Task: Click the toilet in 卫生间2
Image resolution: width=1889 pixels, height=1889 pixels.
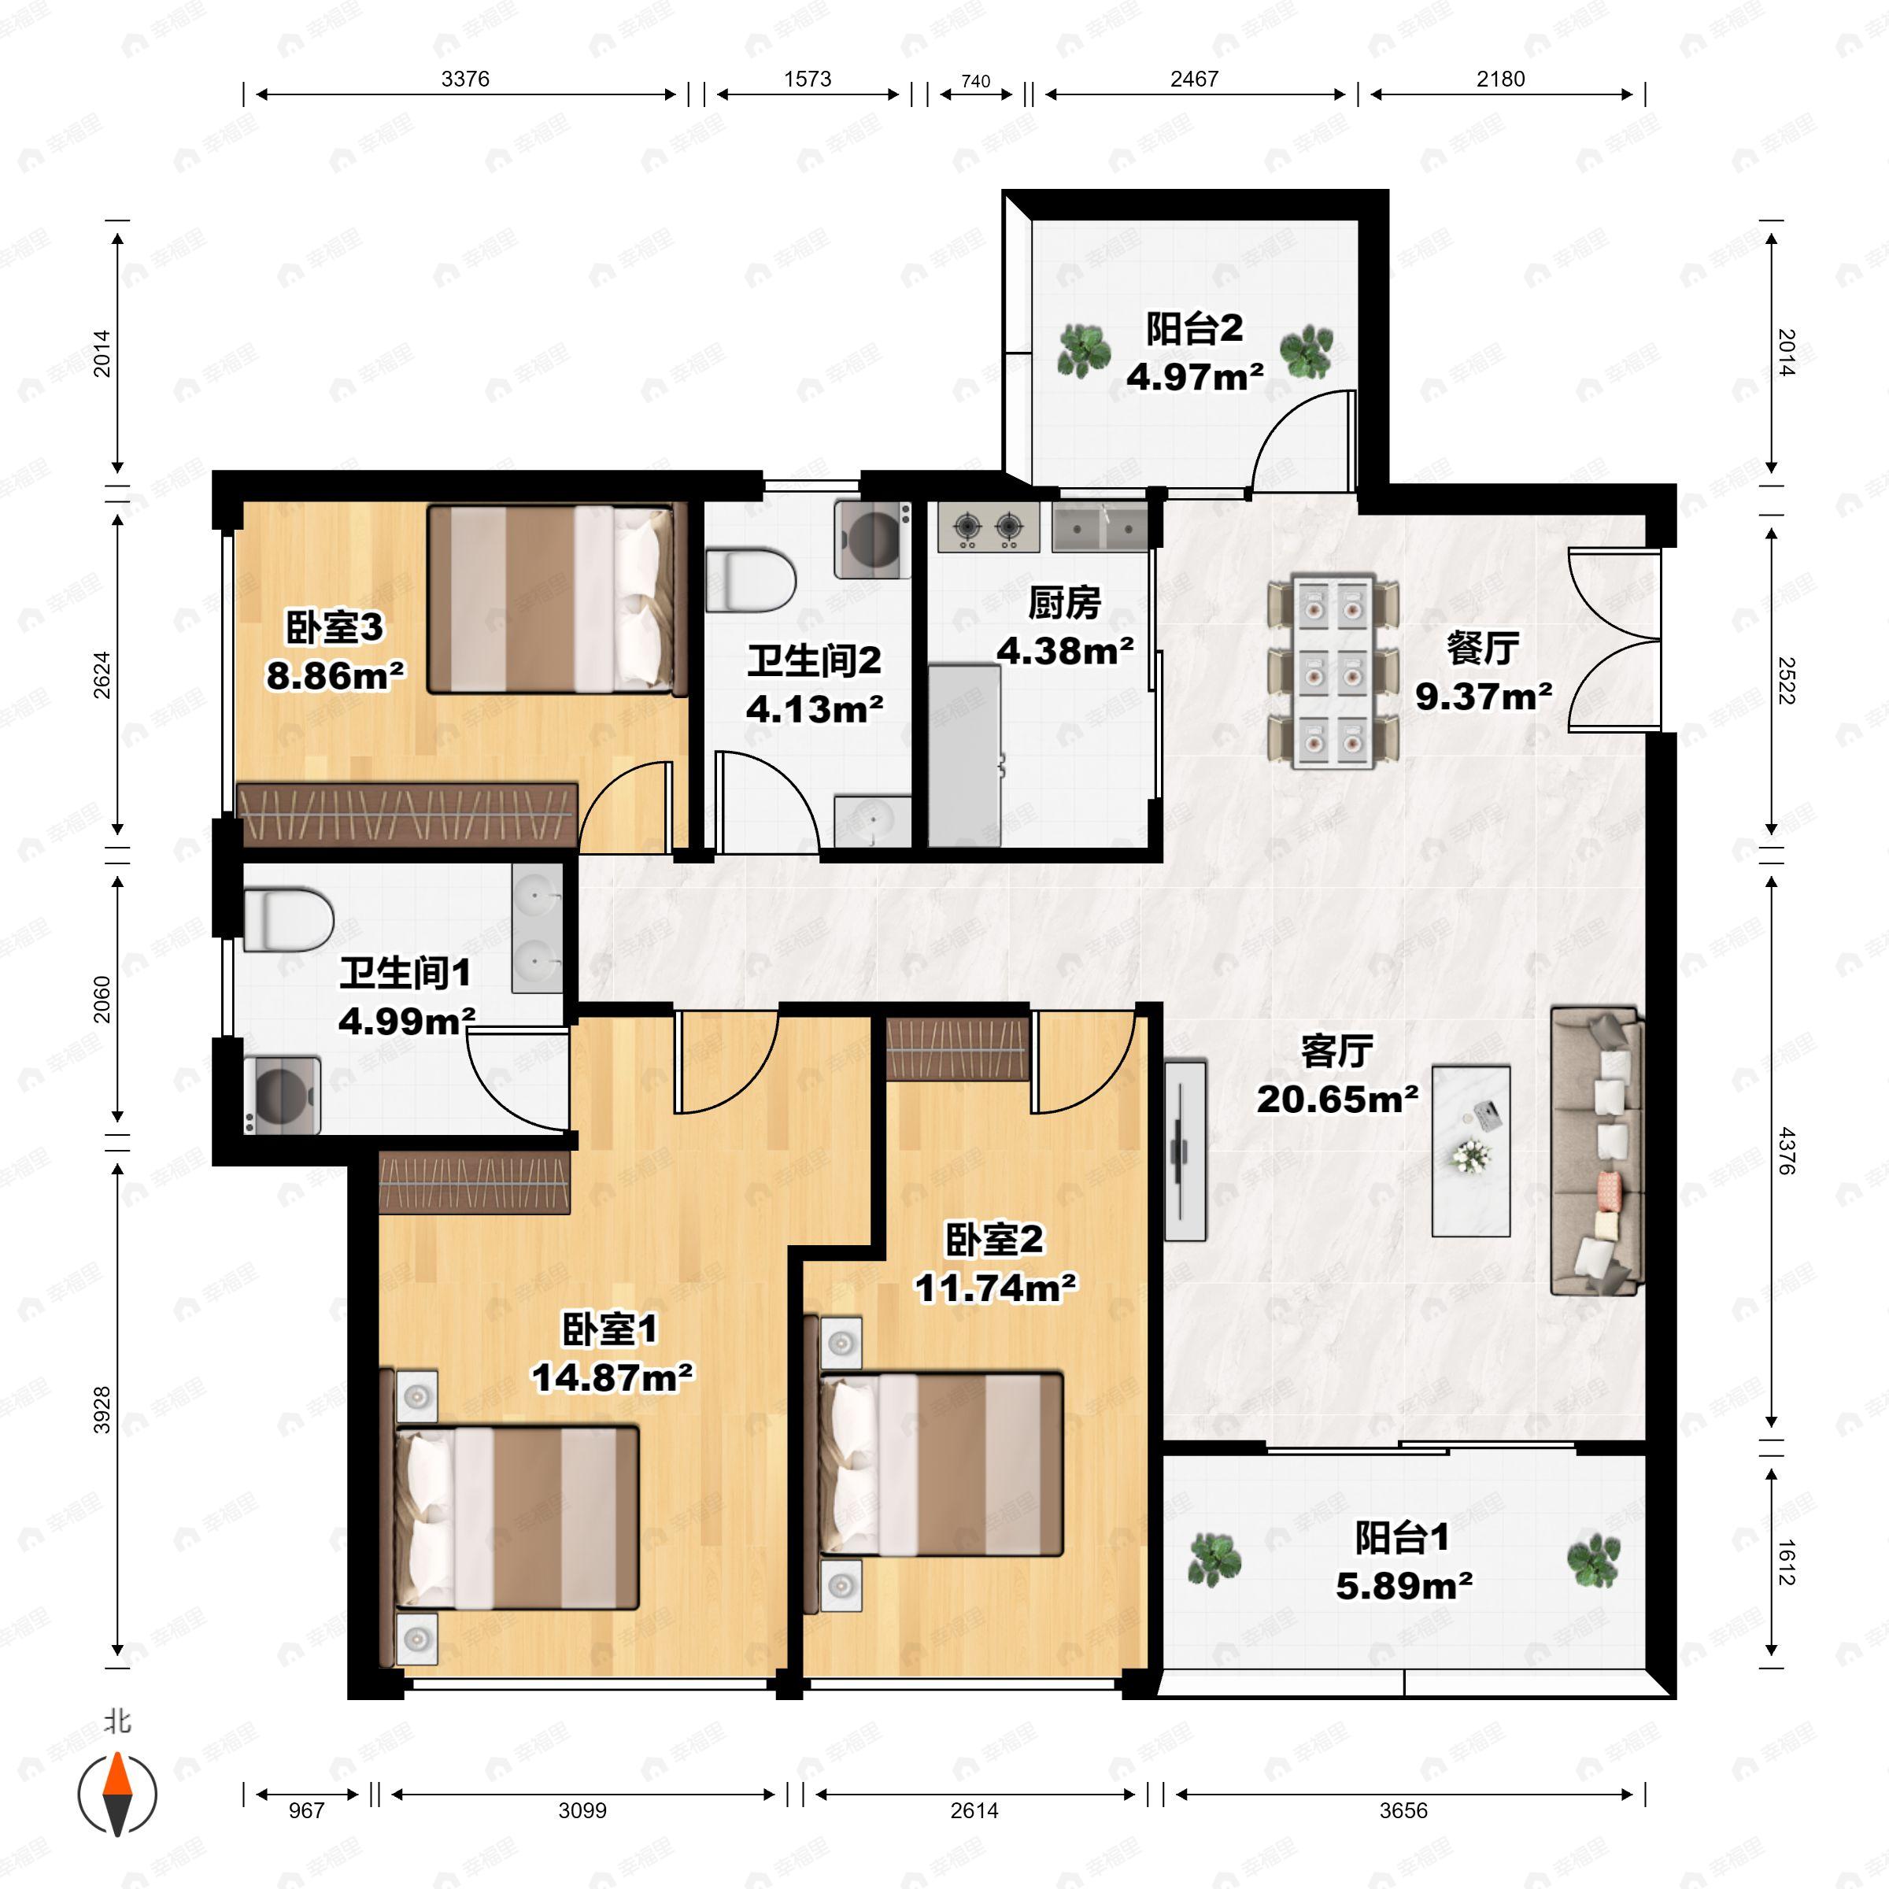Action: [x=750, y=581]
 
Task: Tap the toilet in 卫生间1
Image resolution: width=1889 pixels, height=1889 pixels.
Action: [x=288, y=919]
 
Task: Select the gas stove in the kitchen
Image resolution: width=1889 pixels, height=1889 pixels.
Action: [x=989, y=528]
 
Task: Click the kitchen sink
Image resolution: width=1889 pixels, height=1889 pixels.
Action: [x=1101, y=528]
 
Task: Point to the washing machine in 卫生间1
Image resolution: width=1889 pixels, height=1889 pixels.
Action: [x=282, y=1095]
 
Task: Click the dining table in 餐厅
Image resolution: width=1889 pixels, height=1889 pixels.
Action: [x=1333, y=671]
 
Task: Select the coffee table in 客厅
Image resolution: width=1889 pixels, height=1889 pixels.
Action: [x=1470, y=1151]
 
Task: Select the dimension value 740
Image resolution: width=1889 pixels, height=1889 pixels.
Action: [x=976, y=81]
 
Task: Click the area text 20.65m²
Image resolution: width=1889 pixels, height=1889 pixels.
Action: [x=1336, y=1099]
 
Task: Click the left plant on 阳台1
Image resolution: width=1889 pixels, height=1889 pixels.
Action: [x=1214, y=1558]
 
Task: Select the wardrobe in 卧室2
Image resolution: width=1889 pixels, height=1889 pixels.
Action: [x=958, y=1048]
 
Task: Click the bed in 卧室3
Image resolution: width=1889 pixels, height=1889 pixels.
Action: [x=552, y=599]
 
